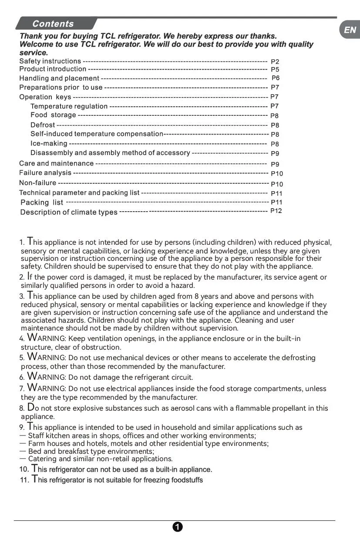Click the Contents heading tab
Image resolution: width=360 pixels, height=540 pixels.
click(53, 24)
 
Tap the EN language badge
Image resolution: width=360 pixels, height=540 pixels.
click(350, 30)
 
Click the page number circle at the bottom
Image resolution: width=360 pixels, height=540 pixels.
click(178, 527)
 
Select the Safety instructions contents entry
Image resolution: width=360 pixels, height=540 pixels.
click(50, 61)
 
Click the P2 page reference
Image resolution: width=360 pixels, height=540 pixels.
click(275, 62)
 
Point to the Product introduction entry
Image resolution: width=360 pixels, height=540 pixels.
click(53, 69)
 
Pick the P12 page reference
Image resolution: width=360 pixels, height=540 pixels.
click(276, 211)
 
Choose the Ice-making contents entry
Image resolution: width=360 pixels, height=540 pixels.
click(49, 143)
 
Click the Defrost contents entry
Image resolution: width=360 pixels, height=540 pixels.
click(43, 125)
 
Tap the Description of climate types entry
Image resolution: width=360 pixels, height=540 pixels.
click(69, 212)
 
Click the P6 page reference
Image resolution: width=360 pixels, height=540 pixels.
click(276, 78)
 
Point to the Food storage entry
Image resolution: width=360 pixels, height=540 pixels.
click(53, 115)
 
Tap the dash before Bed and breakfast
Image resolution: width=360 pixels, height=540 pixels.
click(23, 451)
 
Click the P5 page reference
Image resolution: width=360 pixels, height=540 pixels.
click(275, 70)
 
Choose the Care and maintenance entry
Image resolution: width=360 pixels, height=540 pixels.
click(56, 164)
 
